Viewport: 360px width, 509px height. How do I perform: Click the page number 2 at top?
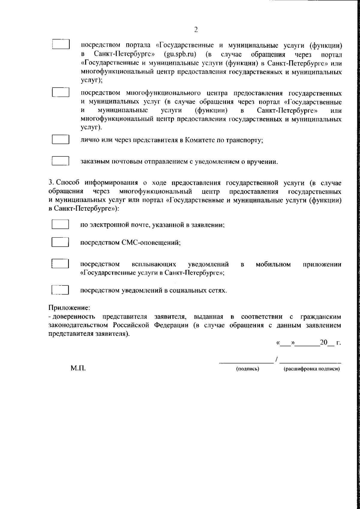196,29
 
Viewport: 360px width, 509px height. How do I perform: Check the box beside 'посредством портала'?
61,44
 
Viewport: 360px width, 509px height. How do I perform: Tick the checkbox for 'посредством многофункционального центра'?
61,92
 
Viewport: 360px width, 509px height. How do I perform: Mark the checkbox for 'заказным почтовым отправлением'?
61,161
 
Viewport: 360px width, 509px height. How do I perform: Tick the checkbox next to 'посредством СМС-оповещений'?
60,242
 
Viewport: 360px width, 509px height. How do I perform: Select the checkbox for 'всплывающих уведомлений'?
60,264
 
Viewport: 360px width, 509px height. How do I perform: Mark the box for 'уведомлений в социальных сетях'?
60,290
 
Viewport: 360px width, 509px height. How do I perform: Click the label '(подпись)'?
247,369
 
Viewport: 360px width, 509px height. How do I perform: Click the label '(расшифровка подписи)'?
311,369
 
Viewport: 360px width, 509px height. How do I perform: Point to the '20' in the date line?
324,342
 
